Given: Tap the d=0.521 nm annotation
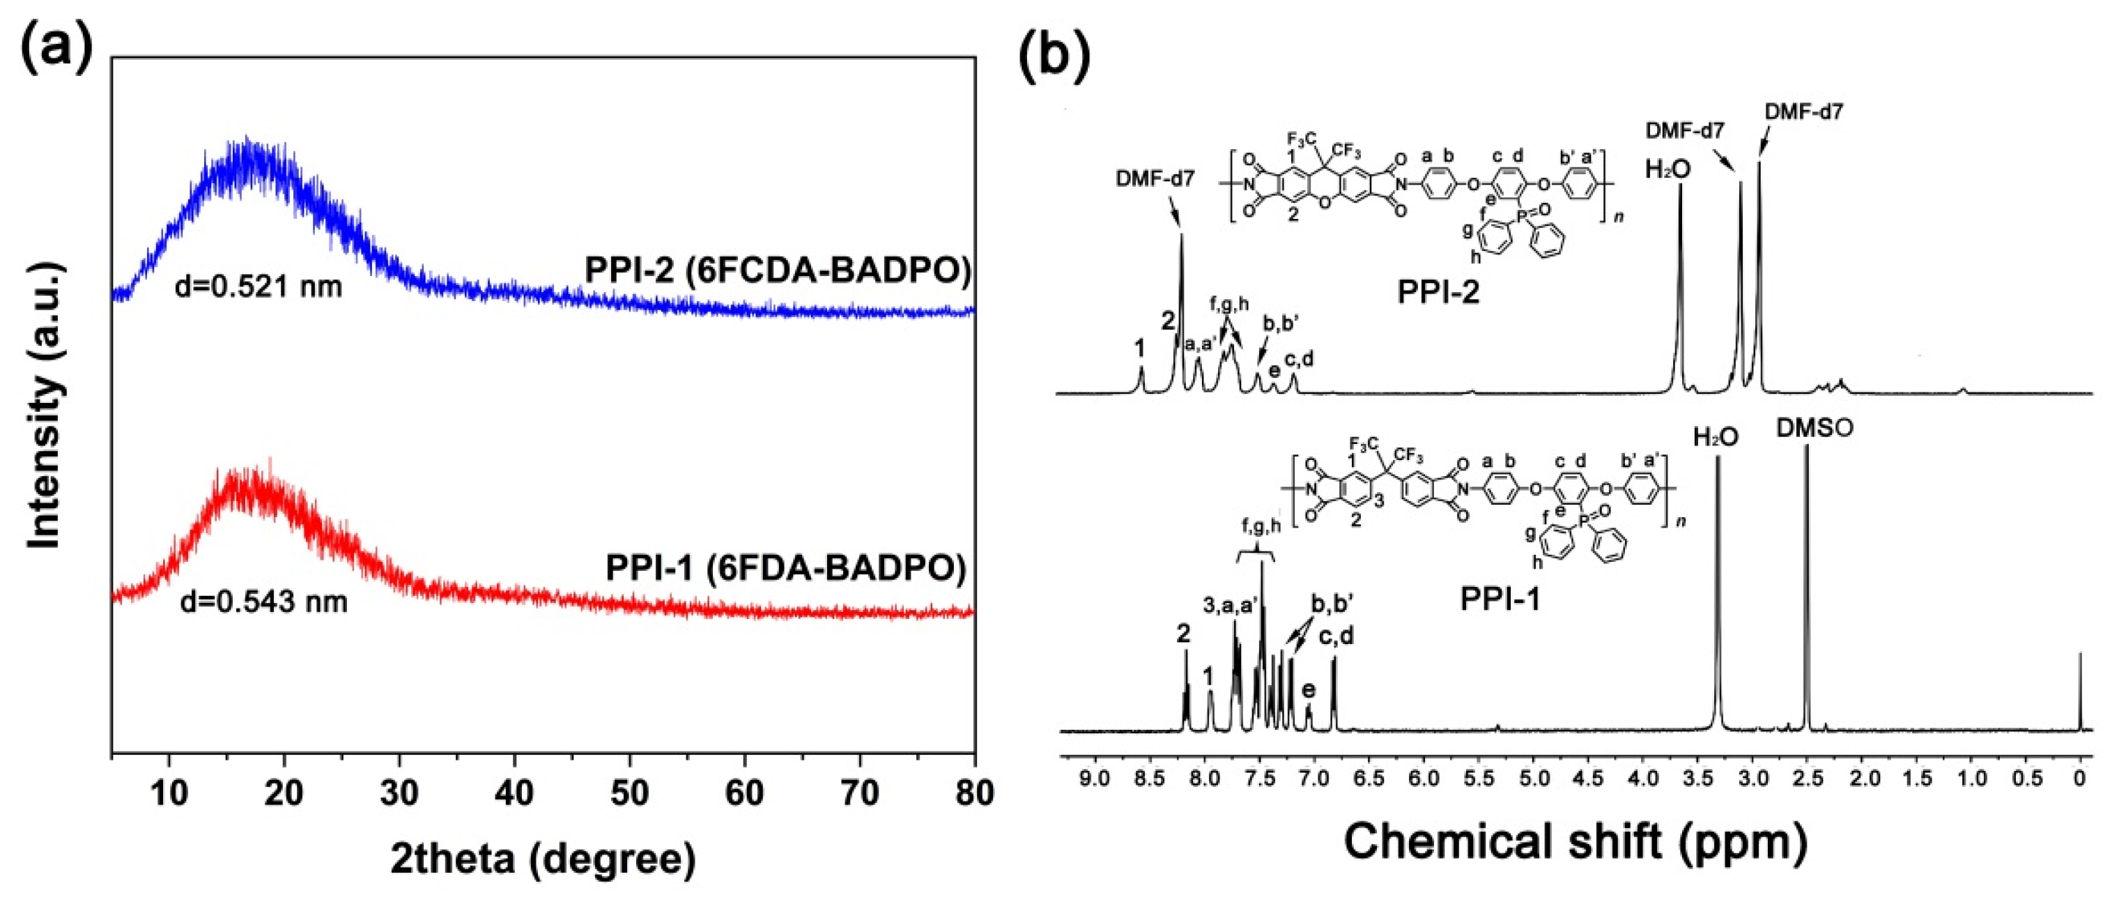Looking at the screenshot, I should point(259,287).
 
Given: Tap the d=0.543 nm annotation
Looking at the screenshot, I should point(263,601).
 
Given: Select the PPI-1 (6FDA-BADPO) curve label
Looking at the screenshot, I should point(785,568).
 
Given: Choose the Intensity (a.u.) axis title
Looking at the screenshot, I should point(45,405).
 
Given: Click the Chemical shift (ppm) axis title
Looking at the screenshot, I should point(1575,841).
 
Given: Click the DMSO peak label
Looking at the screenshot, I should point(1814,428).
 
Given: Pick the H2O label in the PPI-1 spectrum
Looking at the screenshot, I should point(1716,437).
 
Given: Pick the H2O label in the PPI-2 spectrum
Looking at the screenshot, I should point(1668,169).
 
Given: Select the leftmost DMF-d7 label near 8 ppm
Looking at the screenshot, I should point(1155,178).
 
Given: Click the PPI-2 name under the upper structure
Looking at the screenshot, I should point(1438,292).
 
